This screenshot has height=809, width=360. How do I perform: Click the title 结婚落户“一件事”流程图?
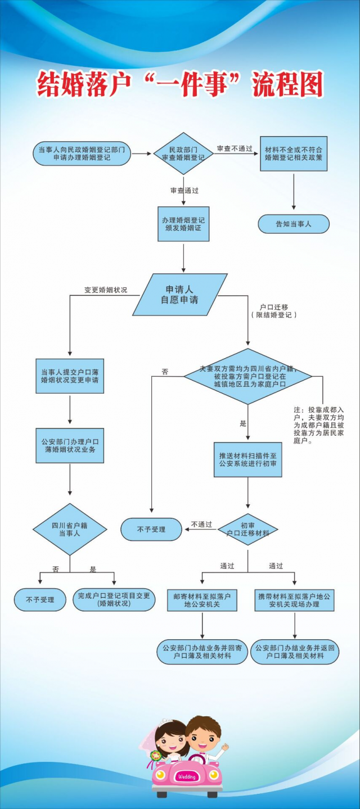point(180,85)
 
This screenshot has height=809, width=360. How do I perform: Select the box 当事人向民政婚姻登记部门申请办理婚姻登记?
point(82,153)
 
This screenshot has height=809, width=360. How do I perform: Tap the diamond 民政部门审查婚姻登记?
point(183,153)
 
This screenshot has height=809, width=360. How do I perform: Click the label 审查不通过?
point(235,148)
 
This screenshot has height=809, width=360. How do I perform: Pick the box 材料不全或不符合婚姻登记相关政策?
point(293,153)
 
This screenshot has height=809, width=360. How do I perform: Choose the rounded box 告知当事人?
point(293,224)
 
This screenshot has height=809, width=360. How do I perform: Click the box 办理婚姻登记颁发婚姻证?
point(183,224)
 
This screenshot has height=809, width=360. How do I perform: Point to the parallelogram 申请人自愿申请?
point(179,295)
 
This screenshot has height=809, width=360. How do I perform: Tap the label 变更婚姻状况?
point(106,290)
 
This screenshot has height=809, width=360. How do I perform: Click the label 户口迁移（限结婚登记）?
point(274,311)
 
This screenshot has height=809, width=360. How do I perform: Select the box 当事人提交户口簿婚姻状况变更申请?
point(70,376)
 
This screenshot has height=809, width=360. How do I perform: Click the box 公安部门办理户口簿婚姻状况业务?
point(70,446)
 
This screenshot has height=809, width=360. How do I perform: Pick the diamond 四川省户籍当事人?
point(70,529)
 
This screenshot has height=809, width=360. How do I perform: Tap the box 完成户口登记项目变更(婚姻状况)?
point(114,599)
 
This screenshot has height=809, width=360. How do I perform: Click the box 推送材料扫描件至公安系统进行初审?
point(247,459)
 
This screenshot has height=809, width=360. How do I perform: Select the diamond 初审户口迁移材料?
point(247,529)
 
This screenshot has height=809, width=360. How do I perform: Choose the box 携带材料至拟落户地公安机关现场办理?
point(294,600)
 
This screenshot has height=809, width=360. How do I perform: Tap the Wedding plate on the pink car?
point(186,776)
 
